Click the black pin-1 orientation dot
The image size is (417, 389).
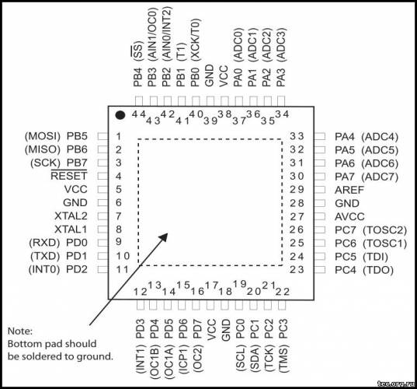[120, 115]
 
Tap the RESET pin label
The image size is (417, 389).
[69, 176]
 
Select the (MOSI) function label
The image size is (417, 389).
[43, 136]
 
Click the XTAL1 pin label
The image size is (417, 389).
[71, 230]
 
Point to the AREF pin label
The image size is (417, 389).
[349, 190]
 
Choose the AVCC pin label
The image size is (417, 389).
[349, 216]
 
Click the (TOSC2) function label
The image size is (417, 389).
[385, 230]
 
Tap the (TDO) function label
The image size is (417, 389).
[378, 270]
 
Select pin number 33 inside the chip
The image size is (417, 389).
[297, 136]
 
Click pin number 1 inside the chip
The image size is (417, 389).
[119, 136]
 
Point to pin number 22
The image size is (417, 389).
[283, 292]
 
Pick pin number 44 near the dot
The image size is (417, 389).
[139, 114]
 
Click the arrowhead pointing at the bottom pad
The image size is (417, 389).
[163, 237]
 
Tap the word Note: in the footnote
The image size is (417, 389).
[20, 331]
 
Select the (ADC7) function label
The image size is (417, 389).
[380, 177]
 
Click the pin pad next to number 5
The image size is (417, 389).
[103, 189]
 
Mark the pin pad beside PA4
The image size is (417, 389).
[320, 136]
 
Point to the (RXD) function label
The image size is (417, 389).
[44, 243]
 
